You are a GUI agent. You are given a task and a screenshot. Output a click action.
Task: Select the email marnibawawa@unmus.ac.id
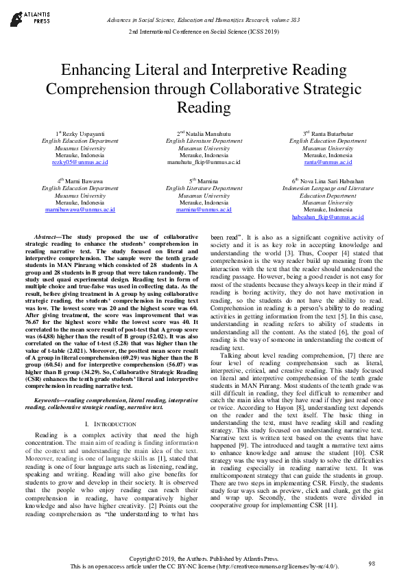pos(80,210)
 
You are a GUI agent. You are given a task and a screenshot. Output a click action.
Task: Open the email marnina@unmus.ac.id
pos(204,210)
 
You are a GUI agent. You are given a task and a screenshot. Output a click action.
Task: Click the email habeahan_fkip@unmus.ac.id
pos(328,217)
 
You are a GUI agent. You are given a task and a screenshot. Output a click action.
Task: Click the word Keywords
pos(51,399)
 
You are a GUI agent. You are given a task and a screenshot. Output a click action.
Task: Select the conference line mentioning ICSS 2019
pos(204,32)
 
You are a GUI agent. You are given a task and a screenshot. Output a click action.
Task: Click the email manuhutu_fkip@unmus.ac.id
pos(204,163)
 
